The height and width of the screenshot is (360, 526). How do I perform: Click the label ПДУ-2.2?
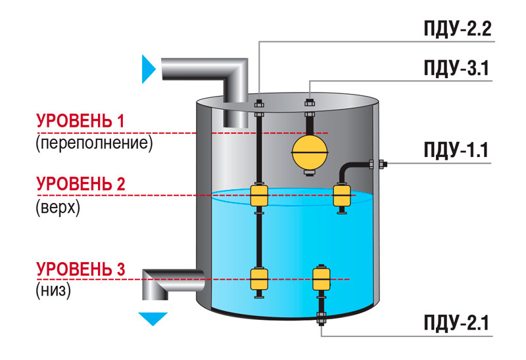tap(458, 28)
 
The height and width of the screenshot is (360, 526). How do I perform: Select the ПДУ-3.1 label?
tap(456, 68)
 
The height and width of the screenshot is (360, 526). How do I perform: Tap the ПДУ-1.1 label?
tap(456, 150)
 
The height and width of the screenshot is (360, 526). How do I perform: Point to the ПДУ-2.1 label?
tap(456, 323)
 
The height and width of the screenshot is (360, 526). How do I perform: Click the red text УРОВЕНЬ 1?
tap(80, 121)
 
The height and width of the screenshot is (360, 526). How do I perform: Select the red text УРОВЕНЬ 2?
tap(80, 184)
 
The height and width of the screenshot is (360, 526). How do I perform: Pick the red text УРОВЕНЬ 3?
tap(80, 269)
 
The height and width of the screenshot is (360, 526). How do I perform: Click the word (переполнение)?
tap(94, 143)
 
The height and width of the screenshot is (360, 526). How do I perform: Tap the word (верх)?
tap(58, 208)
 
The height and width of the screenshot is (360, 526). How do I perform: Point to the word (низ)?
tap(53, 290)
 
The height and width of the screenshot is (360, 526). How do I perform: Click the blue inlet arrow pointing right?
tap(149, 69)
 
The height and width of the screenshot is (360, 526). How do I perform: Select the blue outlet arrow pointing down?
tap(153, 319)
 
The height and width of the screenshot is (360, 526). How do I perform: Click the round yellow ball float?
tap(310, 153)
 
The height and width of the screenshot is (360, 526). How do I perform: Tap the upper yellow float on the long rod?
tap(259, 196)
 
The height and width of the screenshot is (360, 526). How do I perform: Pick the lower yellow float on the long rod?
tap(259, 280)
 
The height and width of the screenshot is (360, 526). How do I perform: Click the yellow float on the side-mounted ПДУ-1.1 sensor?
tap(342, 196)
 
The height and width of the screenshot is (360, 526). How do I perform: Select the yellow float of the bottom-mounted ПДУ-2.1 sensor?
tap(322, 279)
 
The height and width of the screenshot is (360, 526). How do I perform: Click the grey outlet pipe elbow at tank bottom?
tap(172, 284)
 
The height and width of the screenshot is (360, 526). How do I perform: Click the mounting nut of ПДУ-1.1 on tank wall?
tap(382, 164)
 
